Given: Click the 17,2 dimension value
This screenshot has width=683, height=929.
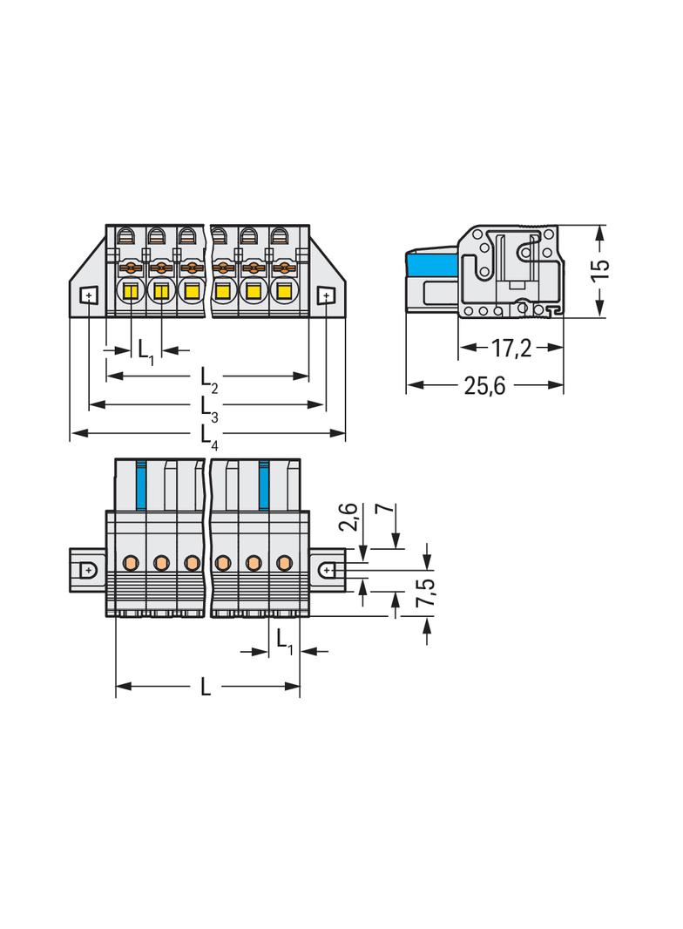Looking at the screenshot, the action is pyautogui.click(x=511, y=349).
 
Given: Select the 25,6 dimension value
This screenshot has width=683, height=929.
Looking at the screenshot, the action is pyautogui.click(x=484, y=386).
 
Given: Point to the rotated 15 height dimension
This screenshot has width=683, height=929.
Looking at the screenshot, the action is pyautogui.click(x=599, y=271).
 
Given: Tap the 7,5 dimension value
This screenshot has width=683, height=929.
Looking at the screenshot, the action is pyautogui.click(x=426, y=592).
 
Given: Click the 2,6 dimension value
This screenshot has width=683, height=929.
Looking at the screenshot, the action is pyautogui.click(x=349, y=517).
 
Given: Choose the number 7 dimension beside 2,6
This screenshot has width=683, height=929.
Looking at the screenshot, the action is pyautogui.click(x=385, y=509).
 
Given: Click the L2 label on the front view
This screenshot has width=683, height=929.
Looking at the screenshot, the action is pyautogui.click(x=208, y=380).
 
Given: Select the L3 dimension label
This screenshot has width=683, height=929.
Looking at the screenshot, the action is pyautogui.click(x=208, y=410).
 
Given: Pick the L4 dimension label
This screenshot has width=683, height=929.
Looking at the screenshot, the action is pyautogui.click(x=208, y=438).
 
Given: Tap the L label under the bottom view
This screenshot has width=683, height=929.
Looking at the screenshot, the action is pyautogui.click(x=205, y=687).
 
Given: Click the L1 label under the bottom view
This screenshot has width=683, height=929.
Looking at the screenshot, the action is pyautogui.click(x=284, y=642).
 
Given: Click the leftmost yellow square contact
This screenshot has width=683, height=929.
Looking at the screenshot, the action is pyautogui.click(x=130, y=291).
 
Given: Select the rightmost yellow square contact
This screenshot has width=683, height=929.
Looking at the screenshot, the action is pyautogui.click(x=284, y=291).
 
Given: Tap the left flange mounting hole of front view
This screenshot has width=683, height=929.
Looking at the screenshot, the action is pyautogui.click(x=87, y=295).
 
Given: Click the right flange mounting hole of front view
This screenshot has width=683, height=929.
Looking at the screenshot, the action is pyautogui.click(x=326, y=295).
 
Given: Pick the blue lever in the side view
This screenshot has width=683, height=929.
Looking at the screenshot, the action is pyautogui.click(x=431, y=264).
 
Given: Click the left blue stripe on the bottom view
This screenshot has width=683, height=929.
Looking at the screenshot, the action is pyautogui.click(x=141, y=484).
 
